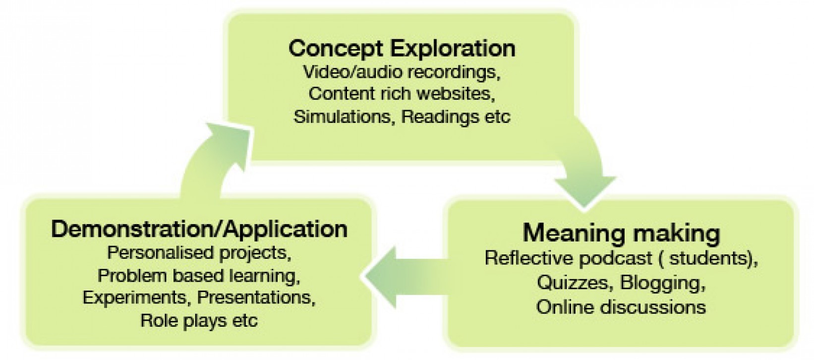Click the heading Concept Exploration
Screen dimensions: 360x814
402,49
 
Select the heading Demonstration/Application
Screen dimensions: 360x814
199,229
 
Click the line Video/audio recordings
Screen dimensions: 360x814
402,72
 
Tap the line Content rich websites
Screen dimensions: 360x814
402,94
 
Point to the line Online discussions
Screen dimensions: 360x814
621,306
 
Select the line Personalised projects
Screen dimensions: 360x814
199,253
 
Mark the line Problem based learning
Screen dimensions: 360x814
199,275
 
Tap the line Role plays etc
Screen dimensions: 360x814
199,320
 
